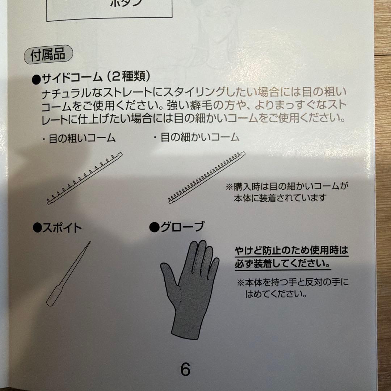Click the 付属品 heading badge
(48, 54)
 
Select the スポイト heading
(57, 228)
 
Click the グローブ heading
(177, 227)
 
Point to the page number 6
(185, 369)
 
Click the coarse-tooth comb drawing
(85, 178)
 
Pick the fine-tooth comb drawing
(207, 177)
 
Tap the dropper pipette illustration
(68, 274)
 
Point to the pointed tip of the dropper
(90, 242)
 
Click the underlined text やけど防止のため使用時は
(291, 250)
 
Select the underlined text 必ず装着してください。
(283, 264)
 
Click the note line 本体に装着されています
(280, 198)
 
